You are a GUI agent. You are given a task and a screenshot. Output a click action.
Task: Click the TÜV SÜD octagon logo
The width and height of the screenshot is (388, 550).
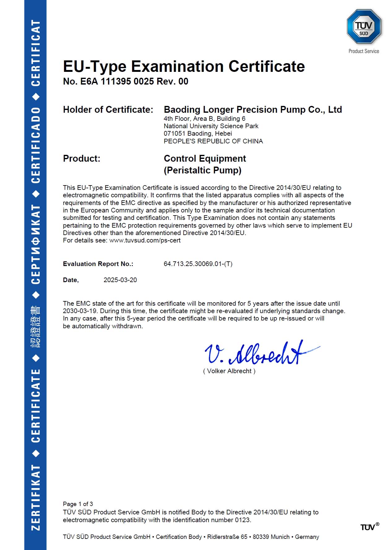[x=364, y=27]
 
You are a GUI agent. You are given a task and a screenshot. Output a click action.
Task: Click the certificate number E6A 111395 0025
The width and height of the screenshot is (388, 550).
[x=117, y=81]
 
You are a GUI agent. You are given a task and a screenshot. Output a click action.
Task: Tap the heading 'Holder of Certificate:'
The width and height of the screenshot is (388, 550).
[x=108, y=110]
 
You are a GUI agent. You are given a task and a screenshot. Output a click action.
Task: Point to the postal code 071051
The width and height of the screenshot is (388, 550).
[x=174, y=133]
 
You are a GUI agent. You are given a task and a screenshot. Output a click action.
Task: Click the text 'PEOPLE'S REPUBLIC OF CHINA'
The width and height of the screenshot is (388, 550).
[x=213, y=141]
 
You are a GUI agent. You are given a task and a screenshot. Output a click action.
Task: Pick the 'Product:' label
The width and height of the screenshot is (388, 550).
[x=82, y=159]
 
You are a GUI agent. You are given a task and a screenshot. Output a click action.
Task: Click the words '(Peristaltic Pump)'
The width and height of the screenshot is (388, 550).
[x=202, y=170]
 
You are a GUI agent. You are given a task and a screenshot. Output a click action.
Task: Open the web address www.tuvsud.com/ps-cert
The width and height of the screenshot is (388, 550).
[x=145, y=240]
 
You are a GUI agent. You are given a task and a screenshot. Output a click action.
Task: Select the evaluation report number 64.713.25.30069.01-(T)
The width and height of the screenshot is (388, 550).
[x=198, y=264]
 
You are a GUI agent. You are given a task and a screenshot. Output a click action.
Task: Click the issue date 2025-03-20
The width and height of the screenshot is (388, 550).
[x=120, y=280]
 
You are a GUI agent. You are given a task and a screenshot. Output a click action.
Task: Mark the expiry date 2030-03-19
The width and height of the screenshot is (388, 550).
[x=80, y=311]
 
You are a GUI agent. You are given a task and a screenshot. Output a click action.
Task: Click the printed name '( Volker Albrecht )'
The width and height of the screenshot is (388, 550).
[x=229, y=371]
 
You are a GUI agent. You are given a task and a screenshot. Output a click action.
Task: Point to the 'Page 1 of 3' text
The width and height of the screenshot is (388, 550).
[x=78, y=504]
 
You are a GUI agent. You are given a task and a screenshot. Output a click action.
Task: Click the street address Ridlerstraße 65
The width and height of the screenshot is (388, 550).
[x=227, y=537]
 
